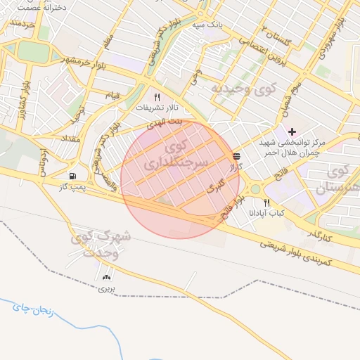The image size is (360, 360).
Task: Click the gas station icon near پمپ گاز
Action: (x=73, y=176)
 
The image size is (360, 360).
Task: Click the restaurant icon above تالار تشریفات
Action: (x=157, y=98)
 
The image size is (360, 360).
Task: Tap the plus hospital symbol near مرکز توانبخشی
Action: (x=292, y=131)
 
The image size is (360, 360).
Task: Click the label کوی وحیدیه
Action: (x=244, y=89)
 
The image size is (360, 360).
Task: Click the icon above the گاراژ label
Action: (x=236, y=157)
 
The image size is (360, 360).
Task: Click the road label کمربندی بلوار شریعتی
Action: (x=303, y=254)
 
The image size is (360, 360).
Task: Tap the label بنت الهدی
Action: (x=163, y=122)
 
